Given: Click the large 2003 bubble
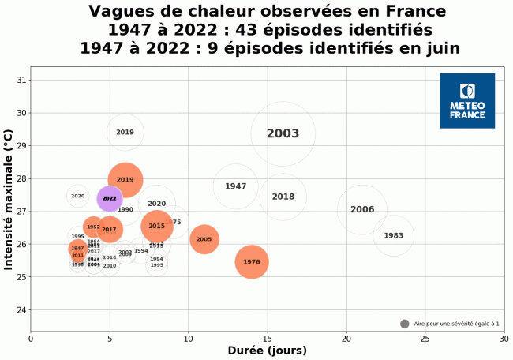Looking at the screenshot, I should pyautogui.click(x=283, y=134).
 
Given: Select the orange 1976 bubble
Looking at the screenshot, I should pyautogui.click(x=251, y=262).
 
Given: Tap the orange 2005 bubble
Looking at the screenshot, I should pyautogui.click(x=204, y=239).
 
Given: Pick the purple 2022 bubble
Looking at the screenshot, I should pyautogui.click(x=109, y=199).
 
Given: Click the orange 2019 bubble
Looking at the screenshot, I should pyautogui.click(x=125, y=180).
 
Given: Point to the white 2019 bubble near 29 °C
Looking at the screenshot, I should pyautogui.click(x=125, y=133).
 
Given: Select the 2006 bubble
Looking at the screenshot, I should pyautogui.click(x=361, y=210).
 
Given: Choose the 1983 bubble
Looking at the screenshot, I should pyautogui.click(x=393, y=236).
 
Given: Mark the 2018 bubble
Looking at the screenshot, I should pyautogui.click(x=283, y=197).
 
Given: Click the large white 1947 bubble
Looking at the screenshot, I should pyautogui.click(x=235, y=186).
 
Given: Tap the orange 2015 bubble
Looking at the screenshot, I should pyautogui.click(x=156, y=227).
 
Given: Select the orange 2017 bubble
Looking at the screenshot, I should pyautogui.click(x=109, y=230).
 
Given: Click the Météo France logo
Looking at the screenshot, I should pyautogui.click(x=467, y=101).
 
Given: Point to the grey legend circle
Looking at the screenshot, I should pyautogui.click(x=405, y=324).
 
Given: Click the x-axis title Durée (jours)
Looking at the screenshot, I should pyautogui.click(x=267, y=351).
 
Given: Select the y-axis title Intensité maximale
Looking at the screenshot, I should pyautogui.click(x=9, y=201).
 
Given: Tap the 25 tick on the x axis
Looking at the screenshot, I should pyautogui.click(x=425, y=339).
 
